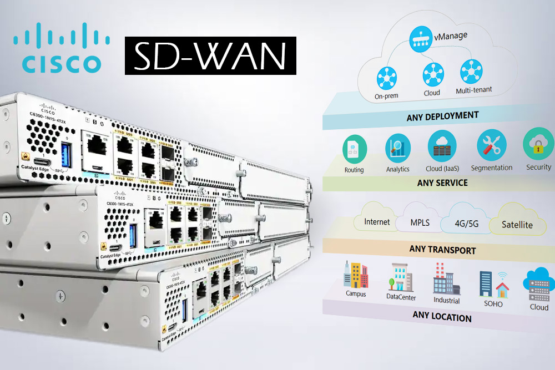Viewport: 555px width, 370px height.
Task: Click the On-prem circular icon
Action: pos(386,77)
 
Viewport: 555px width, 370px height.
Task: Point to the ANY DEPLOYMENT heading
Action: pos(442,116)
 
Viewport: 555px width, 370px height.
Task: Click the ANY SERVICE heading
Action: pos(442,183)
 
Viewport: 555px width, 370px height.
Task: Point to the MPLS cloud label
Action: pos(420,223)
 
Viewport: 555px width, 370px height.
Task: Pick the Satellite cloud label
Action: pos(517,225)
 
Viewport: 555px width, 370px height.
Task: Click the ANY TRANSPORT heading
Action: pos(442,250)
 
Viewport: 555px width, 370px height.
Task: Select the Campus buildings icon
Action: pos(356,275)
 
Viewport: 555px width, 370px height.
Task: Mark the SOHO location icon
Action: pos(493,284)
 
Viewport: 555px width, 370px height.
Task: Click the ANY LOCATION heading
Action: pos(442,317)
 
